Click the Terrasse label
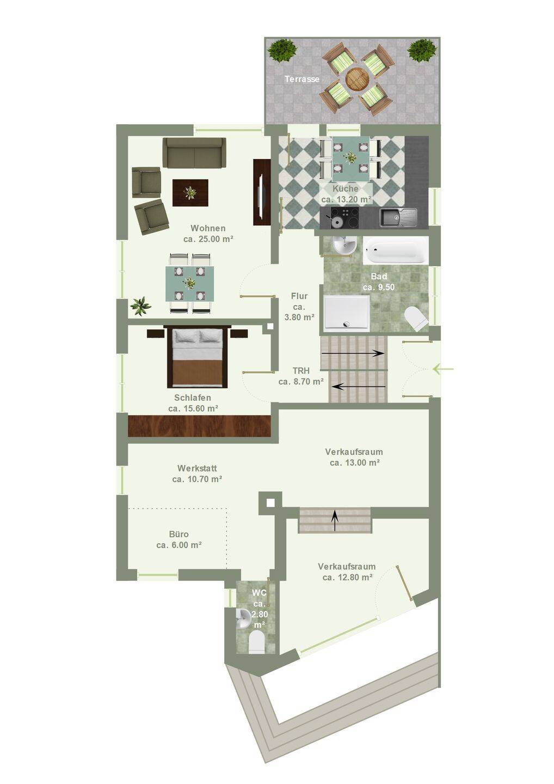coord(302,79)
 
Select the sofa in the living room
coord(194,153)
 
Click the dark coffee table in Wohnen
coord(190,193)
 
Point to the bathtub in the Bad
coord(395,250)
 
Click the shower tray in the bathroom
coord(347,313)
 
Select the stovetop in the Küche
coord(344,217)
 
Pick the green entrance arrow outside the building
coord(443,369)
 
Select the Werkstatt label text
coord(197,468)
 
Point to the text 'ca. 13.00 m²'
coord(355,463)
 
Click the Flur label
coord(299,296)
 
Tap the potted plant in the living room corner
coord(140,306)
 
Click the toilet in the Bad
coord(416,318)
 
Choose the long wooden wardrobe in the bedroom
coord(200,426)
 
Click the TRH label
coord(301,371)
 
